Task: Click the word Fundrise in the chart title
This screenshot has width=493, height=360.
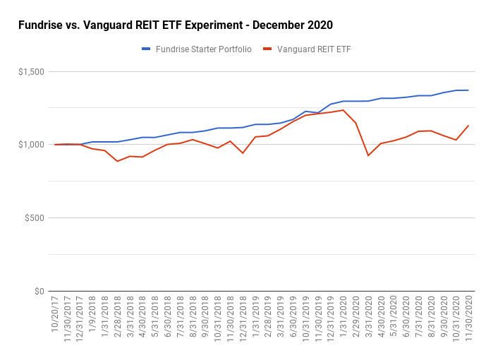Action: (x=39, y=25)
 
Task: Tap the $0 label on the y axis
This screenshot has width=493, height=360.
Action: (x=39, y=291)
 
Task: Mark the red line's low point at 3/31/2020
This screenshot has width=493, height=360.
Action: (x=368, y=155)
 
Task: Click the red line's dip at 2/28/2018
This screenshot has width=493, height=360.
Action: (x=118, y=162)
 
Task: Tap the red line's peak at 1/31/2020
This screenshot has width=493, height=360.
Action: (x=343, y=109)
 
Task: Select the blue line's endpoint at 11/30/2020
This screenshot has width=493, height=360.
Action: (x=468, y=90)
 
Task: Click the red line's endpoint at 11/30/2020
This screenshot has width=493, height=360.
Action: (x=468, y=126)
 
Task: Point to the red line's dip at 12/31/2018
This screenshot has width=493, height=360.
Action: (x=243, y=153)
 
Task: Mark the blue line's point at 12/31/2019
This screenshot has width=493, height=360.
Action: (x=331, y=104)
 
